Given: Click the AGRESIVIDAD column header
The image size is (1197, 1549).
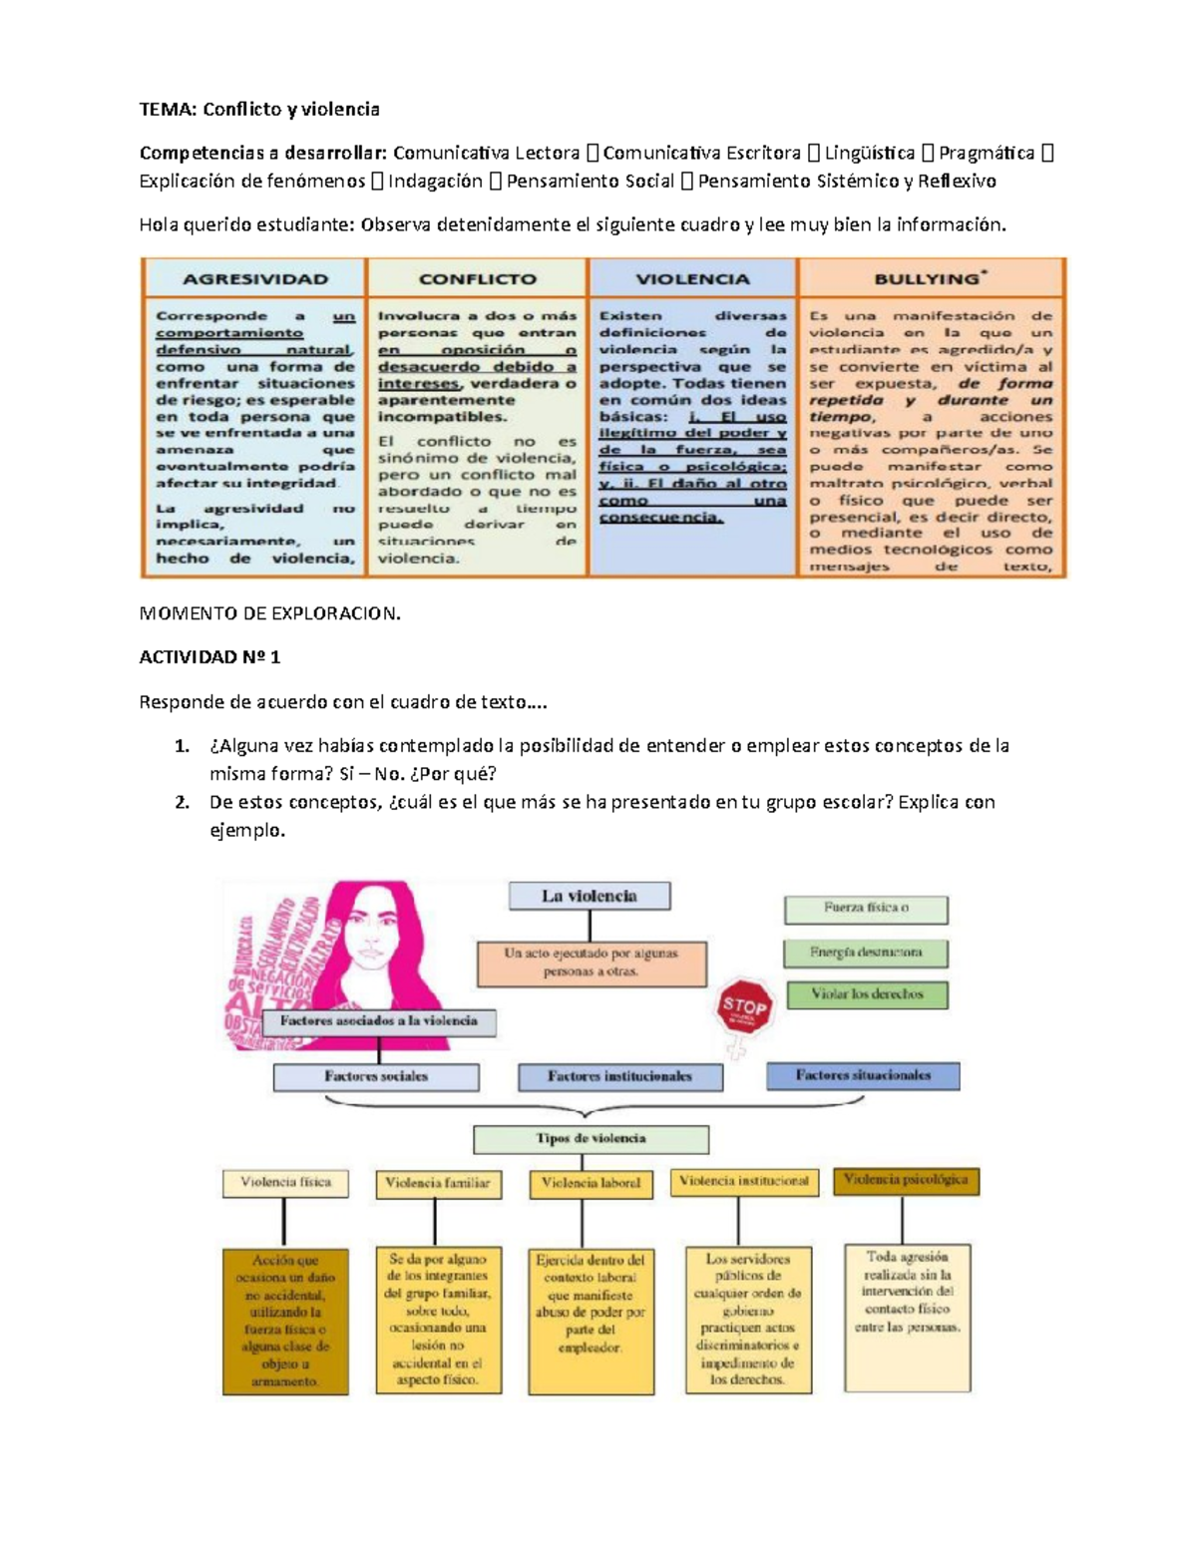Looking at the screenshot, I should [x=254, y=279].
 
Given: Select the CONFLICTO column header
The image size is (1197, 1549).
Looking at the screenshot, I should [x=477, y=279].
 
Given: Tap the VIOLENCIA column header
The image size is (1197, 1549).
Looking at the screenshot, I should [x=692, y=279].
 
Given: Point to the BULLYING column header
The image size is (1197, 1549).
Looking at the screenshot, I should [x=931, y=279].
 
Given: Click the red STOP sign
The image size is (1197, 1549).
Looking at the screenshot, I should [x=744, y=1007].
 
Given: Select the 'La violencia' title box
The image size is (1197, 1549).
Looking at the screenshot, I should [x=589, y=896].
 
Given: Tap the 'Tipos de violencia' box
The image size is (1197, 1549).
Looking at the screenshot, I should [x=591, y=1139].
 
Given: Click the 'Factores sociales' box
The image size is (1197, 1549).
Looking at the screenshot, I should [x=376, y=1077].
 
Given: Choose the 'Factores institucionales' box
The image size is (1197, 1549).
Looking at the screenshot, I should [x=619, y=1077].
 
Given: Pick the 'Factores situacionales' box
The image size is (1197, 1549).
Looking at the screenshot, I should [x=863, y=1076].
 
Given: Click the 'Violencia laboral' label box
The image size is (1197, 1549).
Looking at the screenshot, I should [x=591, y=1183].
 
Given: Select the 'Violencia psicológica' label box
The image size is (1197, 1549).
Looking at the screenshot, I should [x=906, y=1180].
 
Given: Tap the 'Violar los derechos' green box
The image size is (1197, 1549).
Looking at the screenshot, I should [x=867, y=994].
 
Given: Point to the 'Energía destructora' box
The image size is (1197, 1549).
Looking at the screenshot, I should [x=866, y=953].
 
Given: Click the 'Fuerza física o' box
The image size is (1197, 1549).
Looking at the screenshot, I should [x=866, y=909].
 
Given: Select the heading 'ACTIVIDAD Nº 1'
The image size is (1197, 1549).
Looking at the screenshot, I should [x=209, y=657].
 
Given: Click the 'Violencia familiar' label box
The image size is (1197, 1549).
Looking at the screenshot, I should [x=438, y=1184].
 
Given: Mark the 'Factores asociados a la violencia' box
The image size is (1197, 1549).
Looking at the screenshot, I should [x=379, y=1021].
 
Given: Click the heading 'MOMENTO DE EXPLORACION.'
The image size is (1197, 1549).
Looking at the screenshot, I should [x=269, y=613].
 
